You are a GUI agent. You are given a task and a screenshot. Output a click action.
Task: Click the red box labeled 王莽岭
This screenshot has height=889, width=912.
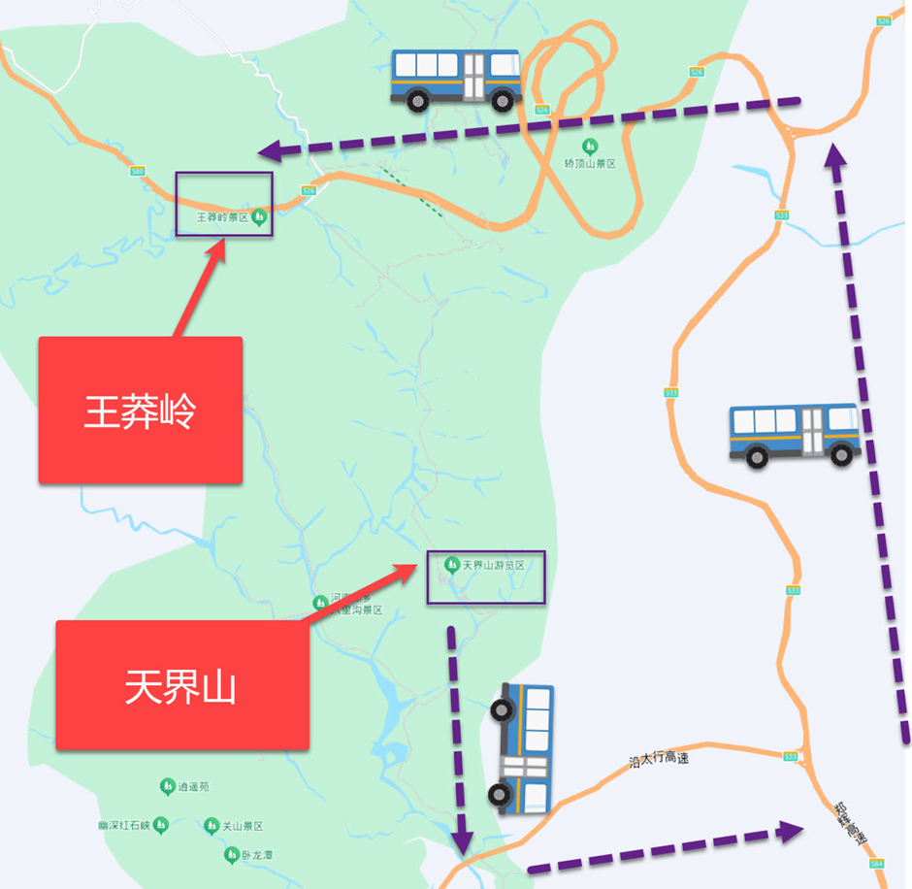pos(140,410)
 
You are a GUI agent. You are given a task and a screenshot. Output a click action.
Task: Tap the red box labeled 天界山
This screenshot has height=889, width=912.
pos(181,685)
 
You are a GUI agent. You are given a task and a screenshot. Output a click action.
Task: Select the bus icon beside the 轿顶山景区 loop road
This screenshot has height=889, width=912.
pos(455,79)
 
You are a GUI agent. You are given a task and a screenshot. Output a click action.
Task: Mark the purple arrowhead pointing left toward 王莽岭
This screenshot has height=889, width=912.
pos(273,150)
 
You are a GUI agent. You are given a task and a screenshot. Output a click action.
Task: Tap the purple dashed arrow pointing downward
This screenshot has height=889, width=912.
pos(457,738)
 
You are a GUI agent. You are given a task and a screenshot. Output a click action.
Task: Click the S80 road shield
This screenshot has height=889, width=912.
pos(137,171)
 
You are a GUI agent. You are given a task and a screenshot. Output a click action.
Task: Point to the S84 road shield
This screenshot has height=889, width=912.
pos(877,862)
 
